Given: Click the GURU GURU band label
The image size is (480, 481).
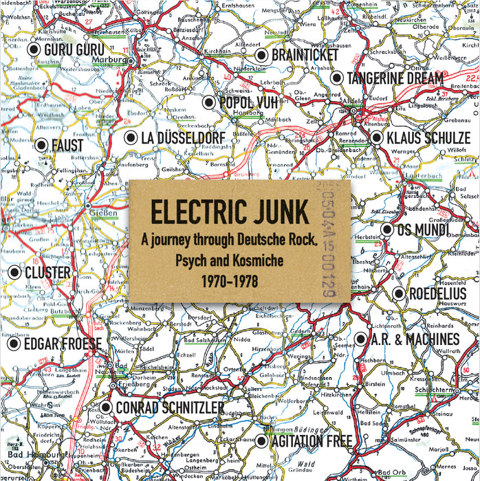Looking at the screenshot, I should coord(74,50).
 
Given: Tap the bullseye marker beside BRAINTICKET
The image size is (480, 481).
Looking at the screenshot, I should coord(261,55).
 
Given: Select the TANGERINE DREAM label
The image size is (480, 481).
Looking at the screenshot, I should coord(395,78).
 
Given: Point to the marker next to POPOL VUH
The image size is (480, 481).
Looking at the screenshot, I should coord(208,102).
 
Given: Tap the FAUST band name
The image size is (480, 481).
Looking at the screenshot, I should coord(67,146).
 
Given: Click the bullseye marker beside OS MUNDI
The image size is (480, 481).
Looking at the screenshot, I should coord(386,230).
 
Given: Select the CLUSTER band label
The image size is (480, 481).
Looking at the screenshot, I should coord(47,273).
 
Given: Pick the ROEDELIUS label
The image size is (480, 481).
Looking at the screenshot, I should coord(437,294).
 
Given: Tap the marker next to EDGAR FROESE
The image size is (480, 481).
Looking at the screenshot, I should coord(13,344).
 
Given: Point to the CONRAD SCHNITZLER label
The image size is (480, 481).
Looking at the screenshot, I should coord(168,408).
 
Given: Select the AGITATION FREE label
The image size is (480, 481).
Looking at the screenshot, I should coord(312,441).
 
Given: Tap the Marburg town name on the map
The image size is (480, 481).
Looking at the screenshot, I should coord(114,60).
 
